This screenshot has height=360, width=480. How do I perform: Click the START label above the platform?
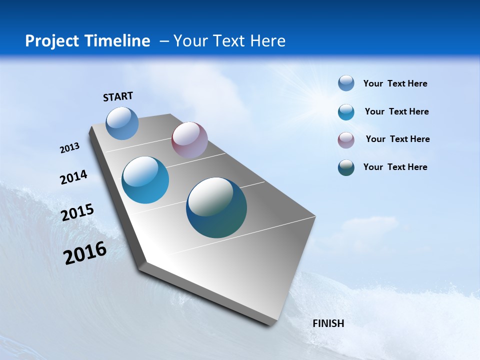(x=118, y=96)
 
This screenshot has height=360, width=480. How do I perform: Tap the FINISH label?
(x=328, y=323)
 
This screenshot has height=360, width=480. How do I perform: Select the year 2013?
(x=70, y=148)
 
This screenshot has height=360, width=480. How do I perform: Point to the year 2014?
(x=74, y=177)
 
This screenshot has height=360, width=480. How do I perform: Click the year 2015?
(x=77, y=212)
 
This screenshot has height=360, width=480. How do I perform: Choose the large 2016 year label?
(x=85, y=252)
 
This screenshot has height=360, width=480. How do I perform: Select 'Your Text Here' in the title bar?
(x=229, y=41)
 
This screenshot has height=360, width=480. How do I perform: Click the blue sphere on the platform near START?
(x=122, y=123)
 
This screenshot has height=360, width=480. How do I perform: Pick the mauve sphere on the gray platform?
(x=189, y=140)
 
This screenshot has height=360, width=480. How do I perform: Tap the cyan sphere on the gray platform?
(x=145, y=180)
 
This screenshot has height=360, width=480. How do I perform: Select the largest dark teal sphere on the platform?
(x=216, y=207)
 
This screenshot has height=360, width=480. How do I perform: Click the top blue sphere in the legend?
(x=346, y=83)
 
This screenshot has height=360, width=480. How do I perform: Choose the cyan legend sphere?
(x=346, y=112)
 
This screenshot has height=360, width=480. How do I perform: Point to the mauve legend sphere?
(x=346, y=140)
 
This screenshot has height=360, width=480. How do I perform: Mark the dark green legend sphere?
(x=346, y=167)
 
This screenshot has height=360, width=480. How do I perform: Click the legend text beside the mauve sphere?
(x=397, y=139)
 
